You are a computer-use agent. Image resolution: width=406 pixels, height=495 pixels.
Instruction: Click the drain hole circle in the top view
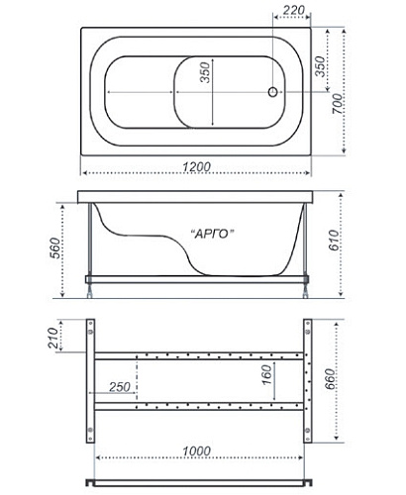272,92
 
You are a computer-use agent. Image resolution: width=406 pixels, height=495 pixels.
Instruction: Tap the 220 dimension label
294,10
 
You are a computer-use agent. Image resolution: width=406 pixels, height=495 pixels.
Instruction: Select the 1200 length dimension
197,166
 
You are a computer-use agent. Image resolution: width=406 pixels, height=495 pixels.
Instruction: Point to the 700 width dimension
337,104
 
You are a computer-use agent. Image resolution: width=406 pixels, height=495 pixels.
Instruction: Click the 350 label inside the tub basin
205,72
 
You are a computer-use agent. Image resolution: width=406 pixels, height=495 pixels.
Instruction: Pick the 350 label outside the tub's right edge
320,66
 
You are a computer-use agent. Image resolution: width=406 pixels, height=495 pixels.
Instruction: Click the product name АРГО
213,234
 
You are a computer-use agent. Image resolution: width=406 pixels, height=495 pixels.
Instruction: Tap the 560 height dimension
55,247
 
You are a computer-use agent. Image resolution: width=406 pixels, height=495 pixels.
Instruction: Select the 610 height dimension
334,241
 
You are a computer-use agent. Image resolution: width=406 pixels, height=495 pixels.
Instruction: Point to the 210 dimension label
52,338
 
